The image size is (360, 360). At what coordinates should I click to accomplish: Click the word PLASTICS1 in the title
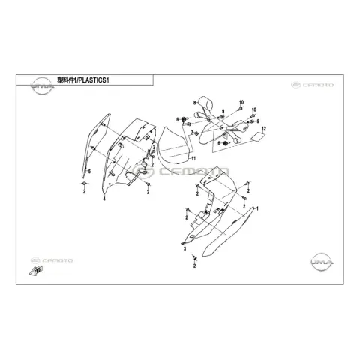[92, 80]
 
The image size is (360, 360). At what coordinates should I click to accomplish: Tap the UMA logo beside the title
[43, 85]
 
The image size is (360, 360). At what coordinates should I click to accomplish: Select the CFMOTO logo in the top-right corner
[312, 85]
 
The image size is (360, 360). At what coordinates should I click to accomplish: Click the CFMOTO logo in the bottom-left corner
[52, 260]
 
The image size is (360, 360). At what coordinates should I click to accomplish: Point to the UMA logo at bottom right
[322, 262]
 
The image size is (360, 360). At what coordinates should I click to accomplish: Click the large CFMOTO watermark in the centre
[181, 171]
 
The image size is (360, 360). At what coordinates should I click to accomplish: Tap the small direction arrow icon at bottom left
[36, 271]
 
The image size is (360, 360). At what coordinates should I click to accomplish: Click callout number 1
[257, 208]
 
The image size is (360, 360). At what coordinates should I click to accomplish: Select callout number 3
[184, 249]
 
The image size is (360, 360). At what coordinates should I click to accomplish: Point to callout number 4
[104, 199]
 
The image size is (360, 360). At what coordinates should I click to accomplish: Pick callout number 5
[89, 172]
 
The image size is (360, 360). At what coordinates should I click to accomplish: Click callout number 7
[192, 132]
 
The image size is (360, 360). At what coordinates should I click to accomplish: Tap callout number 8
[195, 102]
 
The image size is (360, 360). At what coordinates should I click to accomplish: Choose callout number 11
[193, 158]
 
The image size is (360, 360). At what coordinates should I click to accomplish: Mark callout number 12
[264, 129]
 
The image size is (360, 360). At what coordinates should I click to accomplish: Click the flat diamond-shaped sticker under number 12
[258, 136]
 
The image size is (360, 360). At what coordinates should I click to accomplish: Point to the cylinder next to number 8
[205, 102]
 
